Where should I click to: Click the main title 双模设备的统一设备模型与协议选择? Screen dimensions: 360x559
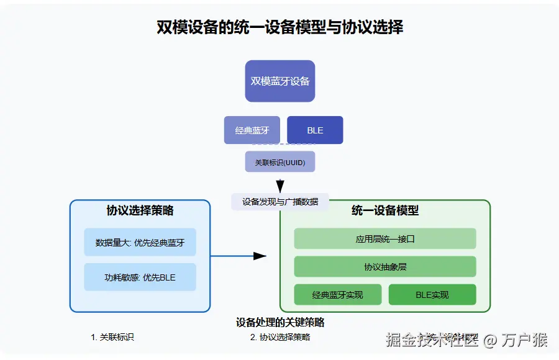pyautogui.click(x=279, y=28)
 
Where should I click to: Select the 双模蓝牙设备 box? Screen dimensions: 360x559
pyautogui.click(x=280, y=81)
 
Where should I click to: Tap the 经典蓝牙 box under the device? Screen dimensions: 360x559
pyautogui.click(x=252, y=130)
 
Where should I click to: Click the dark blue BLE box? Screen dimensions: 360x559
pyautogui.click(x=315, y=130)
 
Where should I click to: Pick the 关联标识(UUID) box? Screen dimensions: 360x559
pyautogui.click(x=280, y=162)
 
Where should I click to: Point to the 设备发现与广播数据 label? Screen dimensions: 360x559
pyautogui.click(x=280, y=202)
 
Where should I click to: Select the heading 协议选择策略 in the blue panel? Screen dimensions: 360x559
pyautogui.click(x=140, y=210)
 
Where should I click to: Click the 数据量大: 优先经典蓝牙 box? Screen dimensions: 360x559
pyautogui.click(x=140, y=242)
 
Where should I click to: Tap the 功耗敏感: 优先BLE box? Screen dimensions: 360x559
pyautogui.click(x=140, y=277)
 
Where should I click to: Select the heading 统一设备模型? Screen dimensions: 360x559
pyautogui.click(x=385, y=210)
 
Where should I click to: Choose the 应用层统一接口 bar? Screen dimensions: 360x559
pyautogui.click(x=385, y=238)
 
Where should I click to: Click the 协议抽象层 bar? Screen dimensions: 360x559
pyautogui.click(x=385, y=267)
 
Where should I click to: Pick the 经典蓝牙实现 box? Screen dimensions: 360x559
pyautogui.click(x=337, y=295)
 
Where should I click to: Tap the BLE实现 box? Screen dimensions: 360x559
pyautogui.click(x=432, y=295)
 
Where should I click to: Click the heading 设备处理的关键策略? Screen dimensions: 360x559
pyautogui.click(x=280, y=322)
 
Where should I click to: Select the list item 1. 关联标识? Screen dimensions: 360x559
pyautogui.click(x=112, y=337)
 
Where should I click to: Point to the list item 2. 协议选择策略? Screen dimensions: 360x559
pyautogui.click(x=280, y=337)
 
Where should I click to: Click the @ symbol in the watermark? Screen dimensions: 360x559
pyautogui.click(x=491, y=340)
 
